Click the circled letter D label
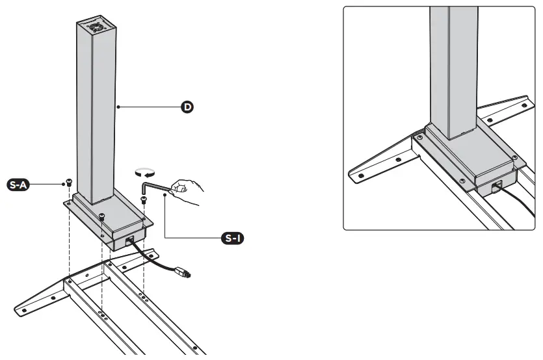pos(187,107)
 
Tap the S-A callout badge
pos(16,185)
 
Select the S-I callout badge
pos(232,238)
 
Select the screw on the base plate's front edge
pos(102,217)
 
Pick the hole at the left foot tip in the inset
pos(356,174)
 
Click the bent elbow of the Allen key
pos(143,183)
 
